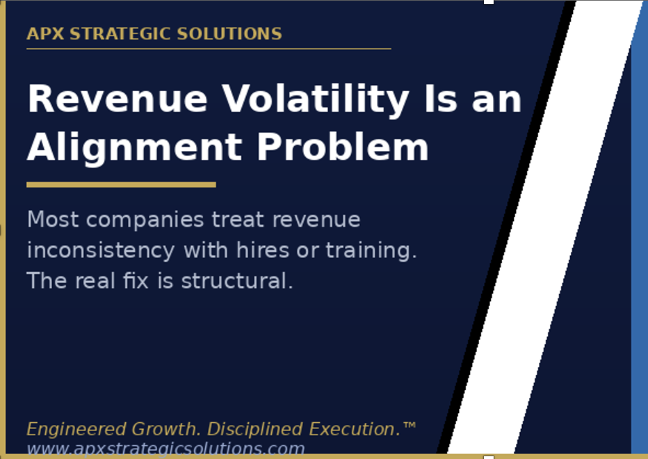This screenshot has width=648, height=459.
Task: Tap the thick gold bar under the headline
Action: tap(121, 184)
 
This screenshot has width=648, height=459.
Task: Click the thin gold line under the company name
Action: tap(209, 49)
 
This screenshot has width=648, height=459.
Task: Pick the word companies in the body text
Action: tap(145, 220)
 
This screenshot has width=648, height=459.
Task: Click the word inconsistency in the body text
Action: tap(100, 250)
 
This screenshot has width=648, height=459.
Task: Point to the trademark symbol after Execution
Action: tap(410, 424)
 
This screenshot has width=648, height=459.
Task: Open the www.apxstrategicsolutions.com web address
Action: tap(165, 449)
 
